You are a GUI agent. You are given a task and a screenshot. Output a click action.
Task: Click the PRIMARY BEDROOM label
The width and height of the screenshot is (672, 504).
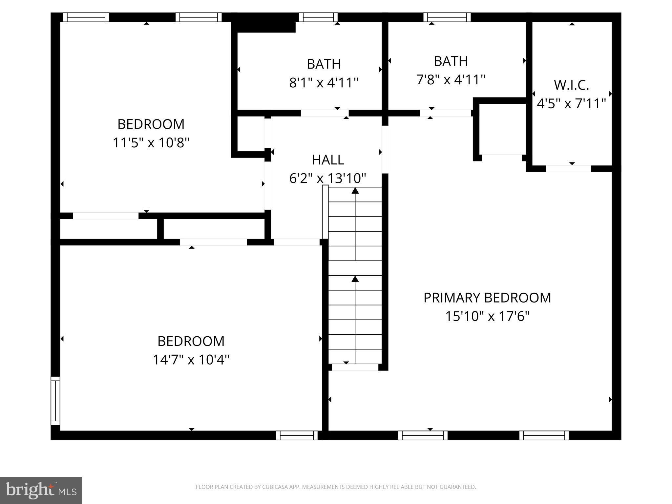[487, 298]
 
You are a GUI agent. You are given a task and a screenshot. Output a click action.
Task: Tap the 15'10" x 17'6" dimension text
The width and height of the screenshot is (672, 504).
[487, 317]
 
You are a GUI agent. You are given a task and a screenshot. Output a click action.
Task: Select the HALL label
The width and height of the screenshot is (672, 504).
[327, 160]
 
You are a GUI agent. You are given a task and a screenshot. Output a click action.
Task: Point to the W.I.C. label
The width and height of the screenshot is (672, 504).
[571, 85]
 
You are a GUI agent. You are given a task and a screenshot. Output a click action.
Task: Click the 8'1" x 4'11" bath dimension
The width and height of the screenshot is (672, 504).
[323, 83]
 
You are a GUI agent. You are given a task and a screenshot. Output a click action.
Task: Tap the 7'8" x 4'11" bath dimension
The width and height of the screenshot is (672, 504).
[451, 80]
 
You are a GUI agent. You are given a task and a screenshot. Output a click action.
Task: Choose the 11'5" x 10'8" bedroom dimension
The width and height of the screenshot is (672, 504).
[151, 143]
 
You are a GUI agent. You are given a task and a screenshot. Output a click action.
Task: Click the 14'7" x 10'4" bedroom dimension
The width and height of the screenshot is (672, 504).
[191, 360]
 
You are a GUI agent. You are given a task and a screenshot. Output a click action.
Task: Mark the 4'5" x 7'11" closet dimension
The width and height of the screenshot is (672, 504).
[571, 104]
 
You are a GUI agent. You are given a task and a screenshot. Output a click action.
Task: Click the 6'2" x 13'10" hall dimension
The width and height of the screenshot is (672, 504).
[327, 178]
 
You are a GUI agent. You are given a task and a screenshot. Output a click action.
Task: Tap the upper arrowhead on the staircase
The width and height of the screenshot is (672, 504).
[355, 191]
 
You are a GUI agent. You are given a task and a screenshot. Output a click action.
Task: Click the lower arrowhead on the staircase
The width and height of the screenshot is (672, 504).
[355, 279]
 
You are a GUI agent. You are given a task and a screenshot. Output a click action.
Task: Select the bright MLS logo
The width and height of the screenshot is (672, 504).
[41, 490]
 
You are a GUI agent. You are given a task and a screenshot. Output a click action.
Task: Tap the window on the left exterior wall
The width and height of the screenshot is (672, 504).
[55, 401]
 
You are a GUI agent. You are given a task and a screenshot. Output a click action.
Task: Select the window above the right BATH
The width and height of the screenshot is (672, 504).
[447, 17]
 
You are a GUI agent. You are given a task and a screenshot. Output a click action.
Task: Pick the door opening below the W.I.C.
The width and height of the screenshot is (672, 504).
[568, 169]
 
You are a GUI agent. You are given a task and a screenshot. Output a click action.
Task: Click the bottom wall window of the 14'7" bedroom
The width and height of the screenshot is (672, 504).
[297, 435]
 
